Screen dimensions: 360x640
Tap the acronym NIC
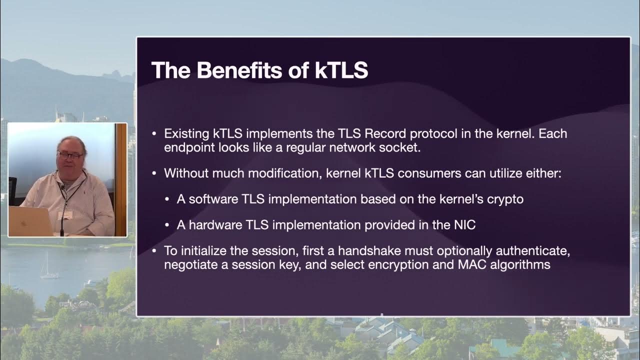pos(464,225)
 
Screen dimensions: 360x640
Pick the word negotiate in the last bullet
pos(189,264)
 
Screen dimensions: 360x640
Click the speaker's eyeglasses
pos(70,155)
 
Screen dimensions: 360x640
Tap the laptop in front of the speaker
pos(30,221)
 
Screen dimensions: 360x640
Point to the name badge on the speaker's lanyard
pos(65,215)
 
